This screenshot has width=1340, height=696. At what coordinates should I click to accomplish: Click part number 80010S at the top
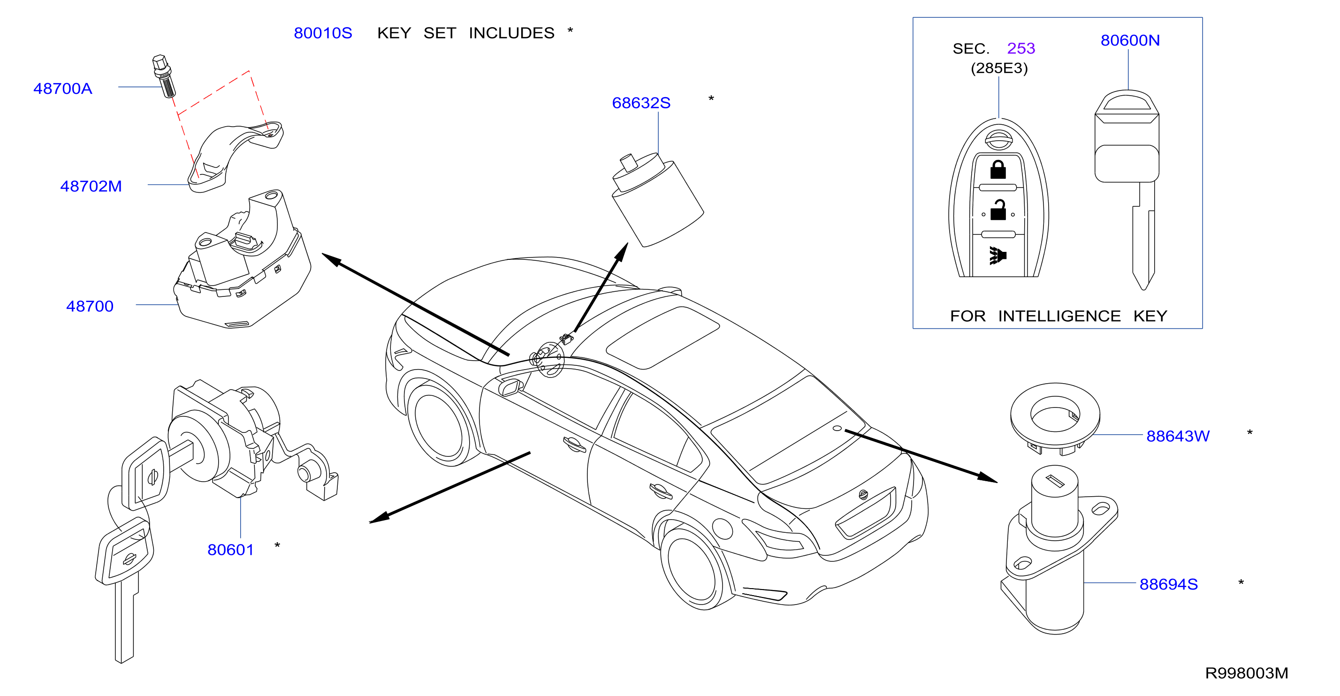pyautogui.click(x=323, y=33)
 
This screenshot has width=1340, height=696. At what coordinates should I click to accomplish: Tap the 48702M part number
pyautogui.click(x=91, y=186)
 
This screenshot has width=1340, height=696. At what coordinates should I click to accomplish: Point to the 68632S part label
pyautogui.click(x=641, y=103)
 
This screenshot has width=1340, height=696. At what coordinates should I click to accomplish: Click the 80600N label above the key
pyautogui.click(x=1130, y=40)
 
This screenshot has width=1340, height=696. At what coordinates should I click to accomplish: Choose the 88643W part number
pyautogui.click(x=1178, y=436)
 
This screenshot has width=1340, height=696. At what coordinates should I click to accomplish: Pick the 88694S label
pyautogui.click(x=1168, y=584)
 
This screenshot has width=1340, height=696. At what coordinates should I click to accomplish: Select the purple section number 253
pyautogui.click(x=1020, y=48)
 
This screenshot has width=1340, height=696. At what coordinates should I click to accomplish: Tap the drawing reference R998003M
pyautogui.click(x=1246, y=673)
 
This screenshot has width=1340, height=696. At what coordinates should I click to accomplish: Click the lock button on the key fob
pyautogui.click(x=997, y=170)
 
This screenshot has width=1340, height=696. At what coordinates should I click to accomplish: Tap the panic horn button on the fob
pyautogui.click(x=997, y=255)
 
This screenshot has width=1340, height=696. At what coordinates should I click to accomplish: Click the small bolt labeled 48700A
pyautogui.click(x=164, y=76)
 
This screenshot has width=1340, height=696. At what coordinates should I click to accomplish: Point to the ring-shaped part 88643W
pyautogui.click(x=1054, y=416)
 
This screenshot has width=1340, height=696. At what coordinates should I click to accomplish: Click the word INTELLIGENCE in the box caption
pyautogui.click(x=1059, y=316)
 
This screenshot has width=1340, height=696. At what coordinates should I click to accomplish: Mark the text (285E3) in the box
pyautogui.click(x=999, y=68)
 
